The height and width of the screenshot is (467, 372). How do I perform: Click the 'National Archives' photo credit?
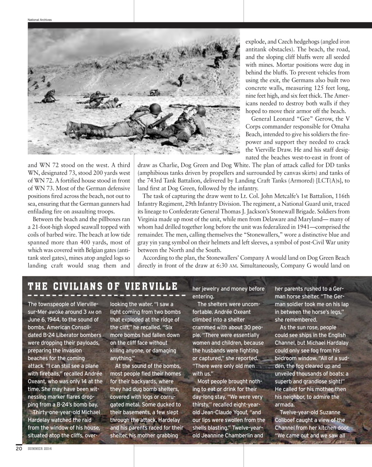(40, 20)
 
